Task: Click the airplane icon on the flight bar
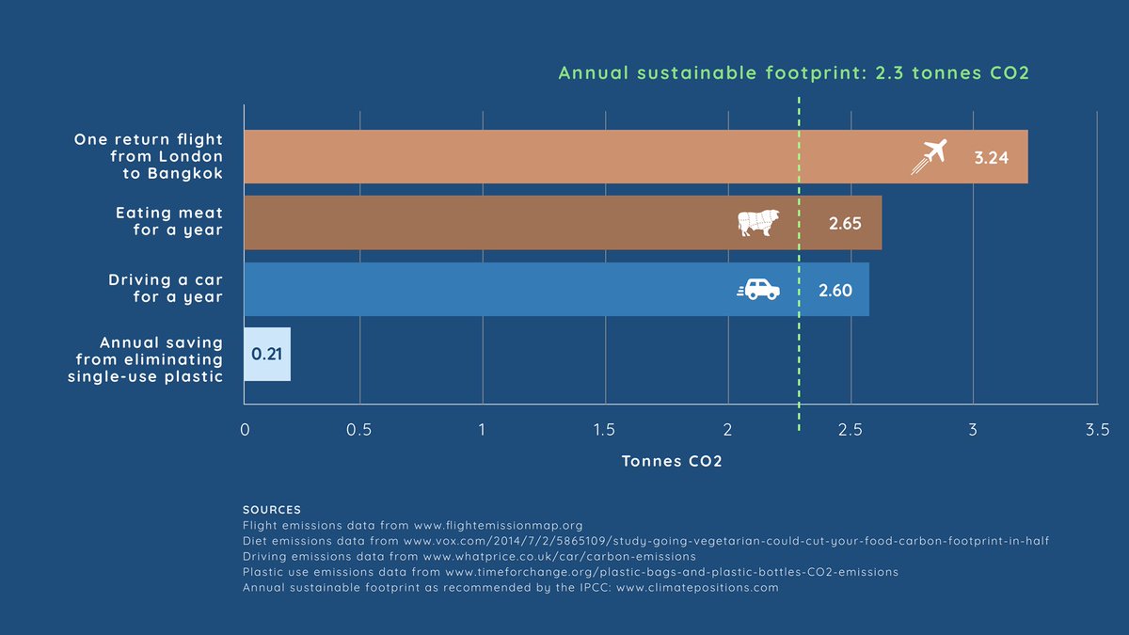pyautogui.click(x=928, y=156)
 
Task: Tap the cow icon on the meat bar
pyautogui.click(x=757, y=223)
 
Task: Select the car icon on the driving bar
pyautogui.click(x=758, y=290)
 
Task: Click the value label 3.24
pyautogui.click(x=991, y=158)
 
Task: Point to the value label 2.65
pyautogui.click(x=845, y=224)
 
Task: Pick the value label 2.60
pyautogui.click(x=835, y=291)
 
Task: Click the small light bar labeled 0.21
pyautogui.click(x=267, y=355)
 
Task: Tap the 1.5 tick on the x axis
pyautogui.click(x=604, y=430)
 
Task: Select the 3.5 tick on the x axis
pyautogui.click(x=1096, y=430)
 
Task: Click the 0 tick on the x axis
pyautogui.click(x=245, y=430)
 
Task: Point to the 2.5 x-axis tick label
pyautogui.click(x=851, y=430)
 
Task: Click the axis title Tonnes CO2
pyautogui.click(x=672, y=462)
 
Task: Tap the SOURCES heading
pyautogui.click(x=272, y=510)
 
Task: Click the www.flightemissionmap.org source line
pyautogui.click(x=413, y=526)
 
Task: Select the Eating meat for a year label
pyautogui.click(x=168, y=222)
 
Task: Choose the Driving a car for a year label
pyautogui.click(x=166, y=289)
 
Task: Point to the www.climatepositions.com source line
pyautogui.click(x=511, y=587)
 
